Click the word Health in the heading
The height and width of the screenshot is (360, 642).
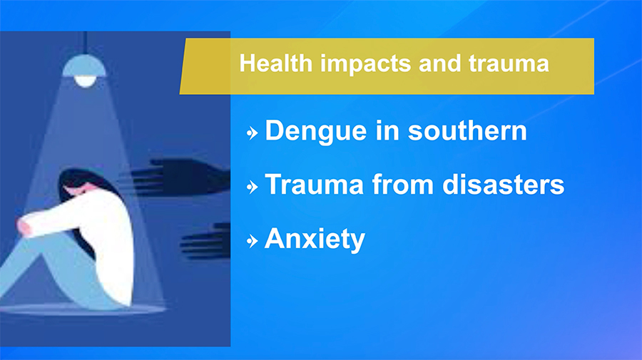click(276, 63)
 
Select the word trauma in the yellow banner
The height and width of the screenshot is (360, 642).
click(509, 64)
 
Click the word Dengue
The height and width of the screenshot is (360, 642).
click(316, 132)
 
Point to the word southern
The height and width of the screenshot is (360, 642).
click(467, 131)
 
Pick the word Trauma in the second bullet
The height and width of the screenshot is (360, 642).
click(314, 185)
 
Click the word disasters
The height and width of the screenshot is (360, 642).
click(503, 185)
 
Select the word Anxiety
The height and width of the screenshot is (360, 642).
click(315, 239)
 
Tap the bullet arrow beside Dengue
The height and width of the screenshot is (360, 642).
click(253, 133)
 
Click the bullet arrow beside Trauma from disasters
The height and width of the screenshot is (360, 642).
click(253, 187)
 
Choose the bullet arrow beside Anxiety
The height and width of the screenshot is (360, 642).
click(253, 241)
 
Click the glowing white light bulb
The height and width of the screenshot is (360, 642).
click(85, 81)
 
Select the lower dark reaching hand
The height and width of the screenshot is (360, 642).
click(205, 242)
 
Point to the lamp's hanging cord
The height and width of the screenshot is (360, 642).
click(85, 43)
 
